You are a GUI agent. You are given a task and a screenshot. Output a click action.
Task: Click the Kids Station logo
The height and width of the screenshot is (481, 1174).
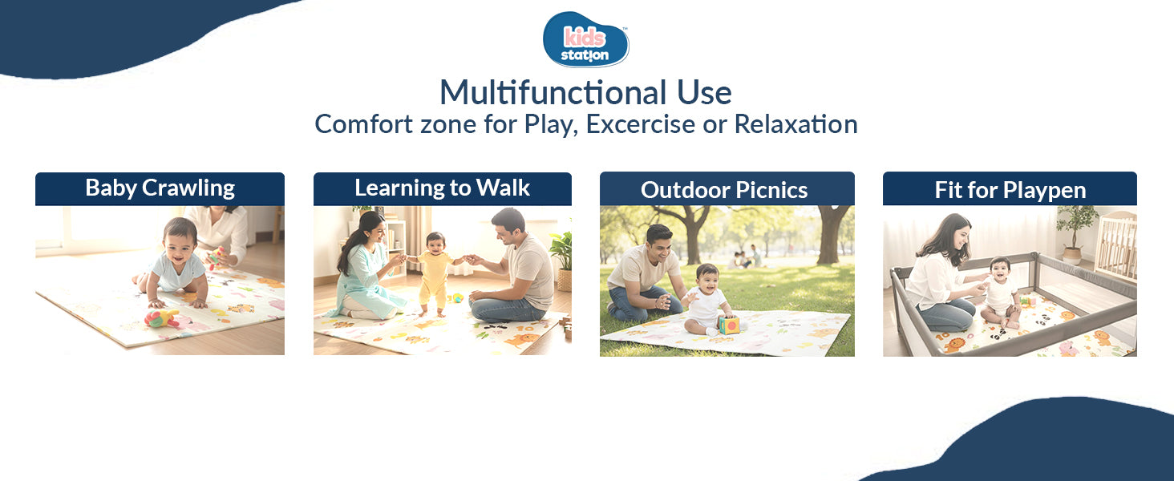point(586,40)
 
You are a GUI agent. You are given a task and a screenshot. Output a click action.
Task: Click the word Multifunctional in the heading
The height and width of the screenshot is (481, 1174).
point(553,93)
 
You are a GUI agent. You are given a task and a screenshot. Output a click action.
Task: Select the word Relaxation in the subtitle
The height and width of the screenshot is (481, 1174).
point(795,124)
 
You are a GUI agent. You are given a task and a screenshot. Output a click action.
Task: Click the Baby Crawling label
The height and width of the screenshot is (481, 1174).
point(160,188)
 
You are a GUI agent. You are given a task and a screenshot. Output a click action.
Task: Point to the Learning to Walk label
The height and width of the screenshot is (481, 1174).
point(443,188)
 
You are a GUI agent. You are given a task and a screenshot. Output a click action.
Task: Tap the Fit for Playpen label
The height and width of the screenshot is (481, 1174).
point(1010,189)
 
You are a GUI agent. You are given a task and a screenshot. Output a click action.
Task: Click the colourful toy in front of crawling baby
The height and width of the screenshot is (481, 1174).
point(161,317)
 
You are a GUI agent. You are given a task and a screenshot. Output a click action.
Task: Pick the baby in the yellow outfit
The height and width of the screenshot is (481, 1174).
point(435,273)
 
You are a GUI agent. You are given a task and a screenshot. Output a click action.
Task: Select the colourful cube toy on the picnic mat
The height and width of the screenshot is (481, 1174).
point(729,325)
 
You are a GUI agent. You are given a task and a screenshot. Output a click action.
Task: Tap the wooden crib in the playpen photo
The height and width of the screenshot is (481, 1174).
point(1116,246)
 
